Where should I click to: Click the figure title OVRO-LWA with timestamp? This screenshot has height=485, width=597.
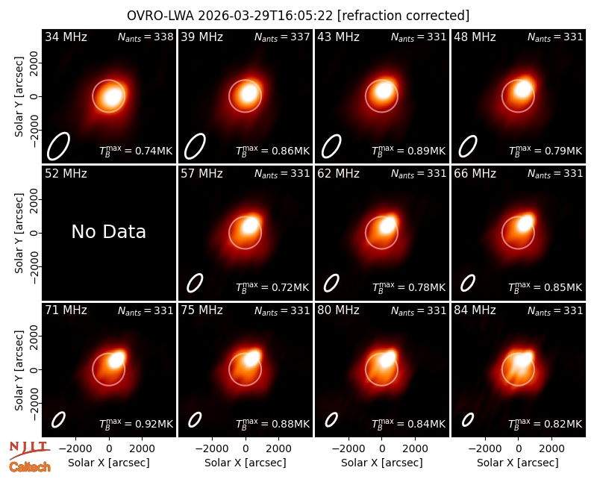coord(298,16)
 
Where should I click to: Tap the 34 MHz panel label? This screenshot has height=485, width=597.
coord(66,37)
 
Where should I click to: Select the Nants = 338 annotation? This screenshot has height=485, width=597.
coord(146,37)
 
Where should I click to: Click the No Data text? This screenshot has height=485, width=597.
coord(108,231)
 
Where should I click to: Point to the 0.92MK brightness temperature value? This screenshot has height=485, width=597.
coord(154,424)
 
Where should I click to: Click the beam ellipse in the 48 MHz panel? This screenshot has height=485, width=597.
coord(468,146)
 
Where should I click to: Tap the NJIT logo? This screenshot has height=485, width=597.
coord(29,450)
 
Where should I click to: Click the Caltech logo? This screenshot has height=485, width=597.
coord(30,467)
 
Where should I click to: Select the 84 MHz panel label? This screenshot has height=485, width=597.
coord(475,310)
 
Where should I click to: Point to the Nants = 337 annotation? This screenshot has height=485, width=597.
coord(282,37)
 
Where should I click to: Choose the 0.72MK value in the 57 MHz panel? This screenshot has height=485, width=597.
coord(290,287)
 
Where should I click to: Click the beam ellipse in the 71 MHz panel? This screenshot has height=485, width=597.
coord(59,419)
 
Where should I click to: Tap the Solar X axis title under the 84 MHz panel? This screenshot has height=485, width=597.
coord(518,463)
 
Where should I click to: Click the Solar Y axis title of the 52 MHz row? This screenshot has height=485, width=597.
coord(19,233)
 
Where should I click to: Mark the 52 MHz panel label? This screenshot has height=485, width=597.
coord(66,174)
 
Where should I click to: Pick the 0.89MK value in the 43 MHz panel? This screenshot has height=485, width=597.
coord(426,151)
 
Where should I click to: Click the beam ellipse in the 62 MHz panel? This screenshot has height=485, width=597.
coord(331,284)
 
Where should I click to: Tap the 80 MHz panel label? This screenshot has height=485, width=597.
coord(338,310)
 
